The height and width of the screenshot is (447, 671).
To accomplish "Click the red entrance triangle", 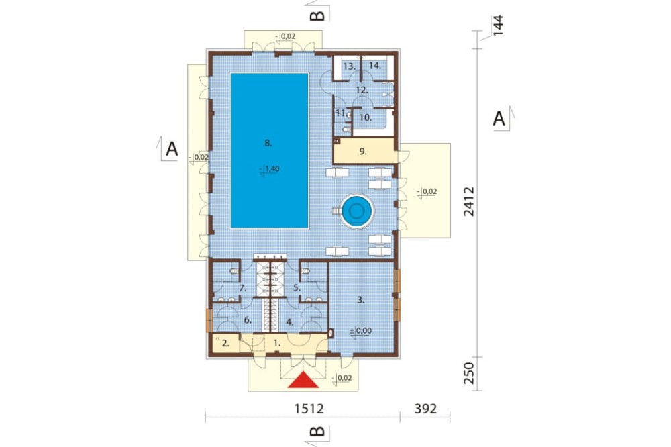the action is point(303,380).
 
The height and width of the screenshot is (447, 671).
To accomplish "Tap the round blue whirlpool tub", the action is point(356,210).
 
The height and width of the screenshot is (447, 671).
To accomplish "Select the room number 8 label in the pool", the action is point(268,143).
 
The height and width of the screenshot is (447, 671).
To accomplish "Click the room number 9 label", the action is point(363,151).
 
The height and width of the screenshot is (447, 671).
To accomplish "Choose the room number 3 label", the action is point(361,300).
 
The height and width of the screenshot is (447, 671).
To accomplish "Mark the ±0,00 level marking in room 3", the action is point(360,331).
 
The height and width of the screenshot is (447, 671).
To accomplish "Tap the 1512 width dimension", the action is point(309,408).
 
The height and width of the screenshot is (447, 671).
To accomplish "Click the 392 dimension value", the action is point(426,408).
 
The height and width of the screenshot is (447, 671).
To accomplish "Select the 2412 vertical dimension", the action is point(470,201).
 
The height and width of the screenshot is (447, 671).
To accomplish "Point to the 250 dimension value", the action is point(470,373).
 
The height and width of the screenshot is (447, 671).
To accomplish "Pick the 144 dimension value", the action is point(499,26).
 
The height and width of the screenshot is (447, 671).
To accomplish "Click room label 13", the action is point(349,66).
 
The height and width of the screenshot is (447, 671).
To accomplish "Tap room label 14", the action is point(375,66).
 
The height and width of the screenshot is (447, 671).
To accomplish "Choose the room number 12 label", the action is point(362,90).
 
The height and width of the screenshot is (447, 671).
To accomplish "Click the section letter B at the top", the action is point(317,16).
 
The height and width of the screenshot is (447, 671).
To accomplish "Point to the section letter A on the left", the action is point(172,149).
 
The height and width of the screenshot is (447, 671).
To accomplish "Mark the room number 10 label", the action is point(365,117).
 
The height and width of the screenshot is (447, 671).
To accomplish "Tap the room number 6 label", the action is point(248,320).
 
